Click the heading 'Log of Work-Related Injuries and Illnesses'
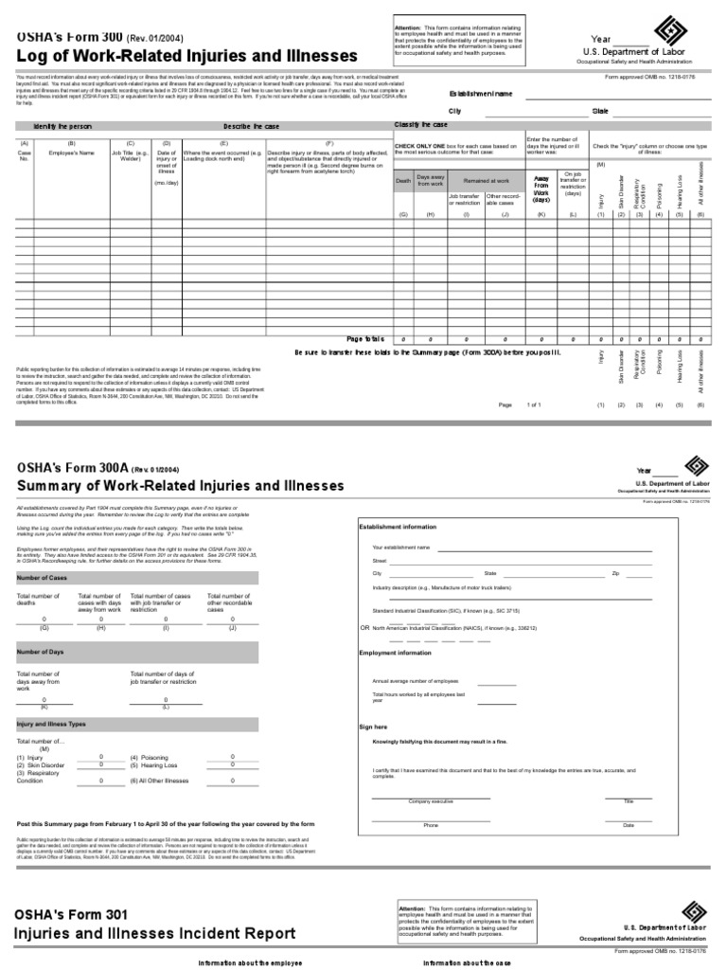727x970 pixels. click(x=186, y=56)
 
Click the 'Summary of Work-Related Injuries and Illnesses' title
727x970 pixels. click(x=180, y=486)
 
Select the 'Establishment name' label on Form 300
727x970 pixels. click(x=481, y=94)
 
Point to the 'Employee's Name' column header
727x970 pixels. click(x=72, y=152)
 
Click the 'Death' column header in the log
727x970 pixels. click(x=403, y=182)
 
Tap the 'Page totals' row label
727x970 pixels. click(x=365, y=338)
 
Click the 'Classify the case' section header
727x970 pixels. click(x=420, y=125)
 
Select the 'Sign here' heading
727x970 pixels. click(x=373, y=727)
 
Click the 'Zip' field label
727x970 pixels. click(x=615, y=573)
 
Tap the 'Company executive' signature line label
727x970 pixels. click(x=431, y=801)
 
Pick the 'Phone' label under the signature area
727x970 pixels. click(x=431, y=825)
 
